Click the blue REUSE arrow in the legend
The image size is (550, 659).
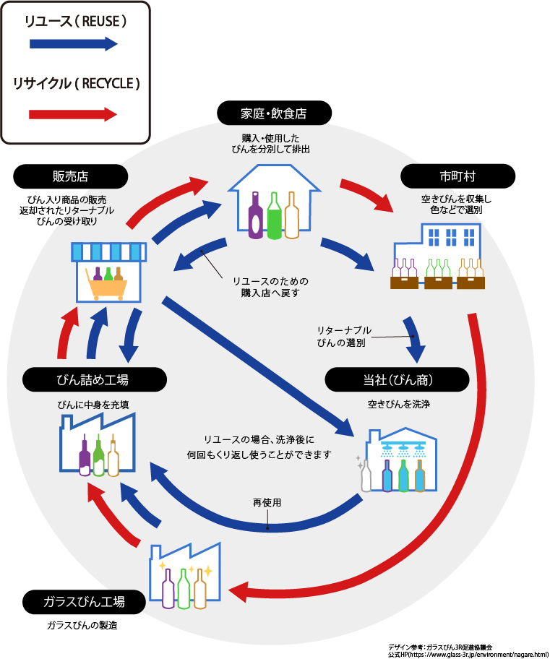click(73, 44)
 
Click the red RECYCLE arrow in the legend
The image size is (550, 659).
click(73, 114)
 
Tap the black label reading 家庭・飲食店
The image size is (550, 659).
click(274, 113)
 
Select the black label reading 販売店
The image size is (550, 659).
click(71, 176)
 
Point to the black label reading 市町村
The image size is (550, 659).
click(457, 176)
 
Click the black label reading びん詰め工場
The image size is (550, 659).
click(94, 379)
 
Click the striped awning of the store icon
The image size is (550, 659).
click(108, 251)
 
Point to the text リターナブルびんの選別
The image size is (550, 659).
click(344, 337)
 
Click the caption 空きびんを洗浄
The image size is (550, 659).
click(398, 404)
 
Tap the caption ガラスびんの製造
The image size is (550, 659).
click(82, 624)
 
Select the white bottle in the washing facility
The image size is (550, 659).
click(366, 475)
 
